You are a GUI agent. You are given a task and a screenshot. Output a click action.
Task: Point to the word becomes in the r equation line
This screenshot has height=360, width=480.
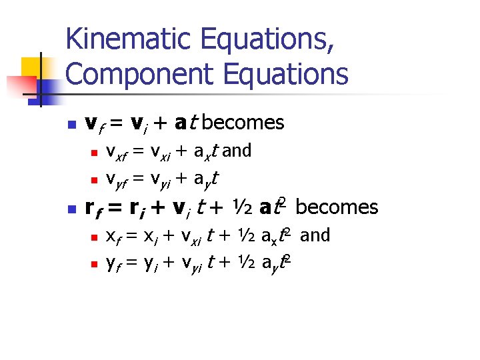click(x=337, y=207)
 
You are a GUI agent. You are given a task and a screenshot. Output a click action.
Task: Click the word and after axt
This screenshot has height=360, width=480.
click(x=237, y=151)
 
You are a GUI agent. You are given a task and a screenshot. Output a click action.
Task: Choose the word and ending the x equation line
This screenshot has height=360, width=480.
click(x=316, y=235)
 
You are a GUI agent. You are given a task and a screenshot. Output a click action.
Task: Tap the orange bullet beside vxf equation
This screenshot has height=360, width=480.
click(x=94, y=153)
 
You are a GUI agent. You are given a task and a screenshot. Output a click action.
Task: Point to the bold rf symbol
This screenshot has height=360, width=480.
click(x=94, y=209)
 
